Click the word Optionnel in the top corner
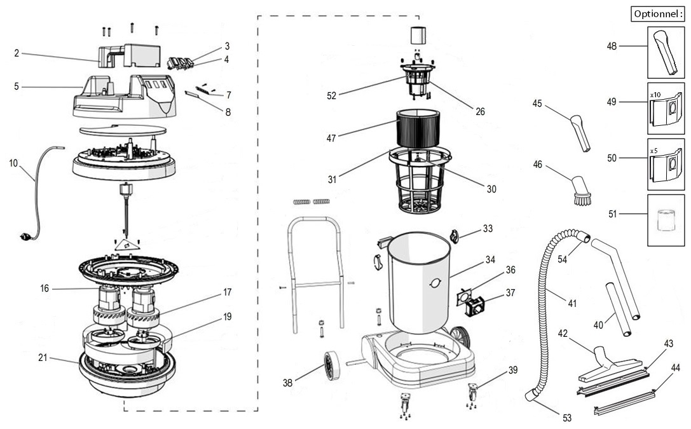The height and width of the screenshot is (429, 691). point(658,13)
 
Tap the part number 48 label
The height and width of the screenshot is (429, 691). point(612,46)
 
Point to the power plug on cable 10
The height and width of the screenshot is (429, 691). point(26,236)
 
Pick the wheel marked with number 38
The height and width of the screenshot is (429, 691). point(331,367)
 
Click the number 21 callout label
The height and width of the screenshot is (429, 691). point(43,358)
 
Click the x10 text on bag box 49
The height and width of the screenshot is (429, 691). point(655,94)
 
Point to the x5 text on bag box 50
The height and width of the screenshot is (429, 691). point(654,151)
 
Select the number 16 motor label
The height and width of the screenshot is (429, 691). point(44,289)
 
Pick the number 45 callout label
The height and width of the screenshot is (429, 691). point(537,104)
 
